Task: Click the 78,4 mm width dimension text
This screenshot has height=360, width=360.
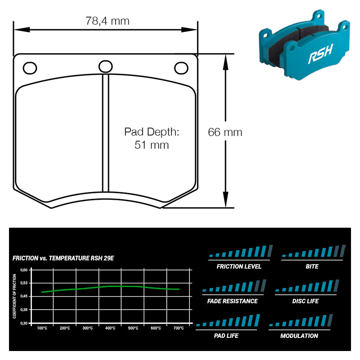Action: click(107, 21)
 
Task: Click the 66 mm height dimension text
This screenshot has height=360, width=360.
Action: click(225, 132)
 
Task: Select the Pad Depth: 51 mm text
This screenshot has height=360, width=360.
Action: click(152, 138)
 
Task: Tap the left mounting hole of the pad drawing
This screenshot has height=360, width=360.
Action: click(30, 68)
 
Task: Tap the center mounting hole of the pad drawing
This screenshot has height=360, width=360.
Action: click(106, 67)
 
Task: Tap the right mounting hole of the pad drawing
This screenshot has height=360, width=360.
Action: click(181, 68)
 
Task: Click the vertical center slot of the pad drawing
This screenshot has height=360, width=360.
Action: click(106, 133)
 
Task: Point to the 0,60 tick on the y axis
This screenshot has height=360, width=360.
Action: click(24, 270)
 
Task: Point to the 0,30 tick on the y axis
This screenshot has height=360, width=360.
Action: click(24, 323)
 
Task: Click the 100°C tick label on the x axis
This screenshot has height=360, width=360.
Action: click(42, 328)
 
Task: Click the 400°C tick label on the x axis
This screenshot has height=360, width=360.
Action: click(110, 328)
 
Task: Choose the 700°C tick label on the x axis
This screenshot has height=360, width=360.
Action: click(178, 328)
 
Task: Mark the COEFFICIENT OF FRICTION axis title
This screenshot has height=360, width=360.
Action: click(14, 297)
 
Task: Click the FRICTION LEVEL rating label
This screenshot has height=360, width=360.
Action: click(239, 266)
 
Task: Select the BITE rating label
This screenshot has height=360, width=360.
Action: click(312, 266)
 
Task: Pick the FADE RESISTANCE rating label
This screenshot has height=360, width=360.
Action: click(233, 301)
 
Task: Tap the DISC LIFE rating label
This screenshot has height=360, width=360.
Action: click(306, 301)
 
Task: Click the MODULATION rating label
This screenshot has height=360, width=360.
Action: click(299, 336)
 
